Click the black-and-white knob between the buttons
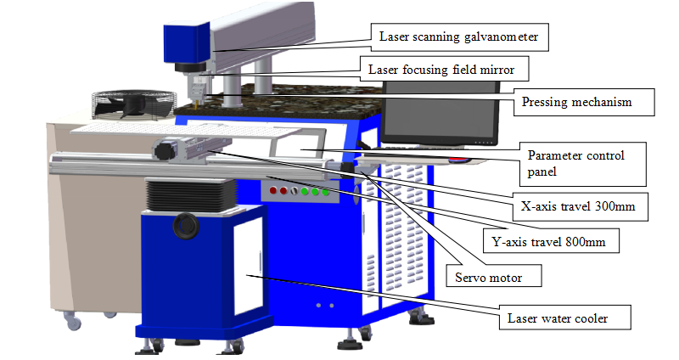click(x=293, y=191)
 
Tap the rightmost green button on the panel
click(x=325, y=192)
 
